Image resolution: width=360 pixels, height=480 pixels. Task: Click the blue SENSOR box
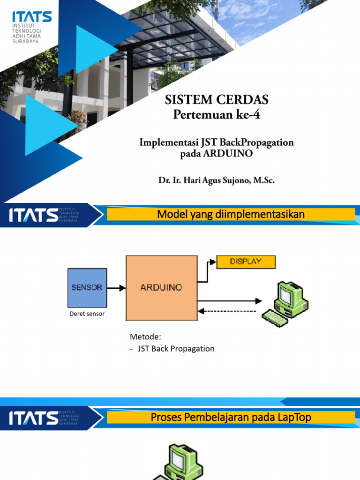87,287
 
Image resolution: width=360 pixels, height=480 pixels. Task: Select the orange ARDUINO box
161,288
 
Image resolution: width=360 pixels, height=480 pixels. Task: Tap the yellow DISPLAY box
246,262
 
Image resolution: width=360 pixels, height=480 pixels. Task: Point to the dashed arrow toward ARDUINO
227,310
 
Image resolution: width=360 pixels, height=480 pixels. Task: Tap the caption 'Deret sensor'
87,314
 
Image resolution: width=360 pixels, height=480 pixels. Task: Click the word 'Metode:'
145,337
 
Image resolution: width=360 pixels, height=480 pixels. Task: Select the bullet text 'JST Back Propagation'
176,349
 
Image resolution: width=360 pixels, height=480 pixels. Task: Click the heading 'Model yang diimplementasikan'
231,215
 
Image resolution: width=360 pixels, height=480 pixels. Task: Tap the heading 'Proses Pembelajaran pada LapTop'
231,417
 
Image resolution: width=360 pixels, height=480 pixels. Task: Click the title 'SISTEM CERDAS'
217,100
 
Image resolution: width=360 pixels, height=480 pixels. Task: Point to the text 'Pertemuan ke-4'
217,114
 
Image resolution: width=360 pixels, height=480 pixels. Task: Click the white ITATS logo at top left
32,18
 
